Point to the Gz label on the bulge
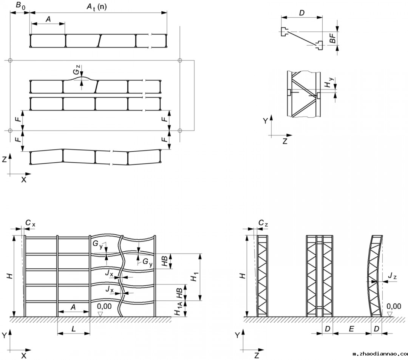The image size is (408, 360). (x=77, y=70)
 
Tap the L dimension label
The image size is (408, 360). (x=74, y=329)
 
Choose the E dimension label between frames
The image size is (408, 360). (x=351, y=329)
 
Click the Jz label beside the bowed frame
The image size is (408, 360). (x=392, y=277)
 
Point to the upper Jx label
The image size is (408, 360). (x=110, y=273)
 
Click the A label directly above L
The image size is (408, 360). (x=73, y=308)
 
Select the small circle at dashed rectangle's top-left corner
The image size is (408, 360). (x=11, y=60)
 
